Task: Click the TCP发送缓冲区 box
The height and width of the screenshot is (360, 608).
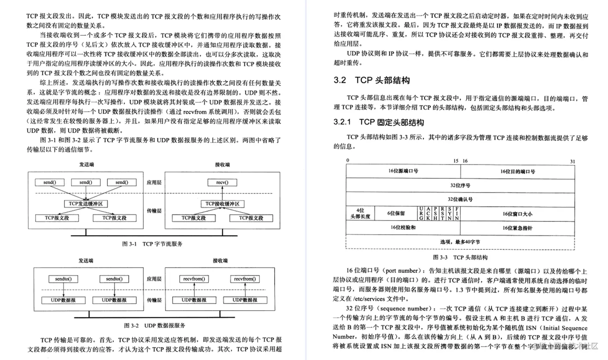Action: coord(86,204)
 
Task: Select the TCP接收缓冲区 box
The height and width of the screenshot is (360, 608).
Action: coord(222,204)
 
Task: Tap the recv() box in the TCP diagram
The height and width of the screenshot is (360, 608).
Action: coord(222,182)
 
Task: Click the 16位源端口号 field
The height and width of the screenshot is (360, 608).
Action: coord(403,171)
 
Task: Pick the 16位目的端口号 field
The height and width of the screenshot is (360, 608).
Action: coord(517,171)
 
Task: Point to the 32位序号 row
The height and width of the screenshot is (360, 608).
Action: coord(460,185)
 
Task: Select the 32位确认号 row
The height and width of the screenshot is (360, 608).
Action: coord(460,199)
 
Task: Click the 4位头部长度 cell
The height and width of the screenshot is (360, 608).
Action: coord(360,213)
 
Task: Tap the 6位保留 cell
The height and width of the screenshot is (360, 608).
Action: coord(396,213)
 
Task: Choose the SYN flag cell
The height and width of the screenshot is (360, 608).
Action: coord(450,213)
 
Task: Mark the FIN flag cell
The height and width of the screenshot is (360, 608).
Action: coord(457,213)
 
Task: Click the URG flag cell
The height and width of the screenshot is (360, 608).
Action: coord(421,213)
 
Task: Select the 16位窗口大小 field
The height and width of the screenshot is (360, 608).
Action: coord(517,214)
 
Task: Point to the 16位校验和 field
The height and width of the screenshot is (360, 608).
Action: coord(403,227)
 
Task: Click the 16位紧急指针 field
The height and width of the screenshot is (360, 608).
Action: coord(517,228)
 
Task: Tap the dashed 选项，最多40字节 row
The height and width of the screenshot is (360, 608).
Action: coord(460,242)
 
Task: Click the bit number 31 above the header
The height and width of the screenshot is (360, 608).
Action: coord(572,161)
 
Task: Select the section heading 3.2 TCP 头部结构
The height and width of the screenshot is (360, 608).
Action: coord(371,80)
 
